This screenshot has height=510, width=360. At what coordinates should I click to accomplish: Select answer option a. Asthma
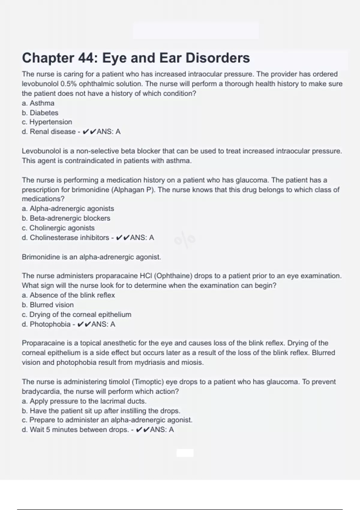(x=38, y=103)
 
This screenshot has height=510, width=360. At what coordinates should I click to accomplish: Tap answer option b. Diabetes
(x=40, y=113)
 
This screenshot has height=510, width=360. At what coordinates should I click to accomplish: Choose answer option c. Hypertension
(x=47, y=122)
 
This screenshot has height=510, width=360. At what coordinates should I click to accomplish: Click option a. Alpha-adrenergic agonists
(x=68, y=208)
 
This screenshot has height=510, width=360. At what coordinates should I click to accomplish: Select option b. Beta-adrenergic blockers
(x=66, y=218)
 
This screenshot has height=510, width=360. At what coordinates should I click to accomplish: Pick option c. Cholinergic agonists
(x=58, y=228)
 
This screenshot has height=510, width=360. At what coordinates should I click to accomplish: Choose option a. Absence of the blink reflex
(x=68, y=295)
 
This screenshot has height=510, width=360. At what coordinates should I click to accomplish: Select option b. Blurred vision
(x=48, y=305)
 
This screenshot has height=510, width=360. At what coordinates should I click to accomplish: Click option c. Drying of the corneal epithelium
(x=76, y=314)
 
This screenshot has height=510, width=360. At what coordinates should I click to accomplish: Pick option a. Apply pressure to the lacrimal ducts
(x=84, y=401)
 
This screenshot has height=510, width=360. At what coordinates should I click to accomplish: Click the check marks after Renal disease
(x=89, y=132)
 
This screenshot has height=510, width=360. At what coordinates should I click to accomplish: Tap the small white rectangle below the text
(x=185, y=453)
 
